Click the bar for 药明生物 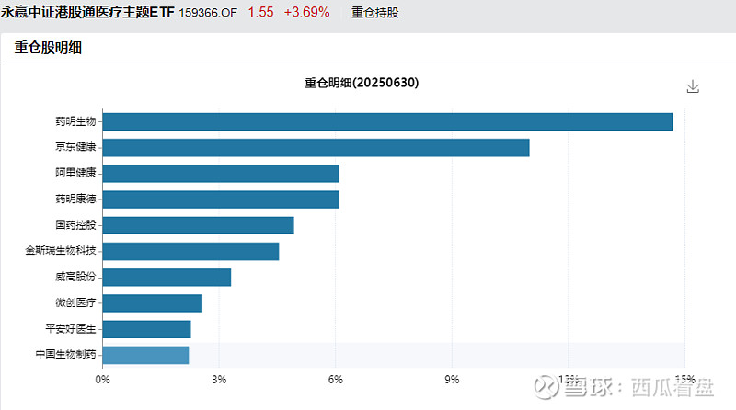point(386,121)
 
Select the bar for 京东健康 point(316,147)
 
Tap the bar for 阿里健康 point(221,173)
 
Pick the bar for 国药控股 point(198,225)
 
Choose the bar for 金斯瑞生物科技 point(190,251)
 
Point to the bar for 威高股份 point(167,277)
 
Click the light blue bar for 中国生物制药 point(145,355)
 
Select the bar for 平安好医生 point(146,328)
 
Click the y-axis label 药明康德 point(75,199)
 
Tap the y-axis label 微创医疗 point(75,302)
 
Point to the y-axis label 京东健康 point(75,147)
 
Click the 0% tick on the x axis point(103,379)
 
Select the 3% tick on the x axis point(219,379)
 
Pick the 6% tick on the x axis point(336,379)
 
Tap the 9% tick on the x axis point(452,379)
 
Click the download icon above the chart point(693,86)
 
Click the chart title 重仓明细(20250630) point(362,83)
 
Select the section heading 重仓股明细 point(48,49)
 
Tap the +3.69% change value point(306,13)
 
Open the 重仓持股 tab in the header point(375,13)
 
